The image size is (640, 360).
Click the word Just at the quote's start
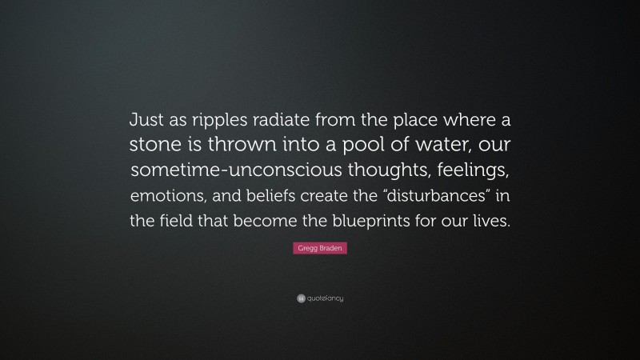147,121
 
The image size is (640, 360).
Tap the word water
437,146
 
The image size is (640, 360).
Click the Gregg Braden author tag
319,250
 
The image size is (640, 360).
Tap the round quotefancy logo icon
300,298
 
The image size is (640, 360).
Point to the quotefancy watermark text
325,298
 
